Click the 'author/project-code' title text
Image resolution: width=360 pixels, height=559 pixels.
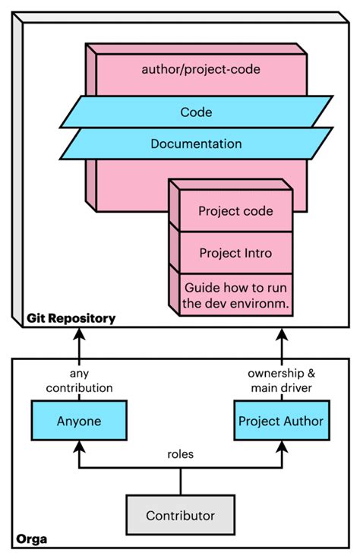pos(201,69)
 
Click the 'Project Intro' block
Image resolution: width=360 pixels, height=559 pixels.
pos(235,252)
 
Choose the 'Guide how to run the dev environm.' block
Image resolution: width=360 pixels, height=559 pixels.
pos(235,295)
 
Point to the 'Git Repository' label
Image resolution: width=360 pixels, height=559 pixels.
pos(71,318)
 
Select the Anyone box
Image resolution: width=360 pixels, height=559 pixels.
pos(79,421)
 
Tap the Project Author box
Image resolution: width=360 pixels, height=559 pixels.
pos(281,421)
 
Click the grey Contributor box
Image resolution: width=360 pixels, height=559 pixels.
pos(180,516)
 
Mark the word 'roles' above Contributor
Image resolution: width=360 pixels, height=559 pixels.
pos(180,455)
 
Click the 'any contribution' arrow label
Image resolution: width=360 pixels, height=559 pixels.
pos(79,381)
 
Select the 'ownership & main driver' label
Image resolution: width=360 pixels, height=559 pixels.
pos(282,381)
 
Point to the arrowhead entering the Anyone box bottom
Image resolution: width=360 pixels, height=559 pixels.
pos(79,446)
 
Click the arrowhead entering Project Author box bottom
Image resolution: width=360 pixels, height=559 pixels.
pos(282,446)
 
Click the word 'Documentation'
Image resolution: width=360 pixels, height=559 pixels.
pos(196,144)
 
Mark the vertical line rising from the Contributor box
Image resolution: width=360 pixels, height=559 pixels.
pos(180,482)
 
